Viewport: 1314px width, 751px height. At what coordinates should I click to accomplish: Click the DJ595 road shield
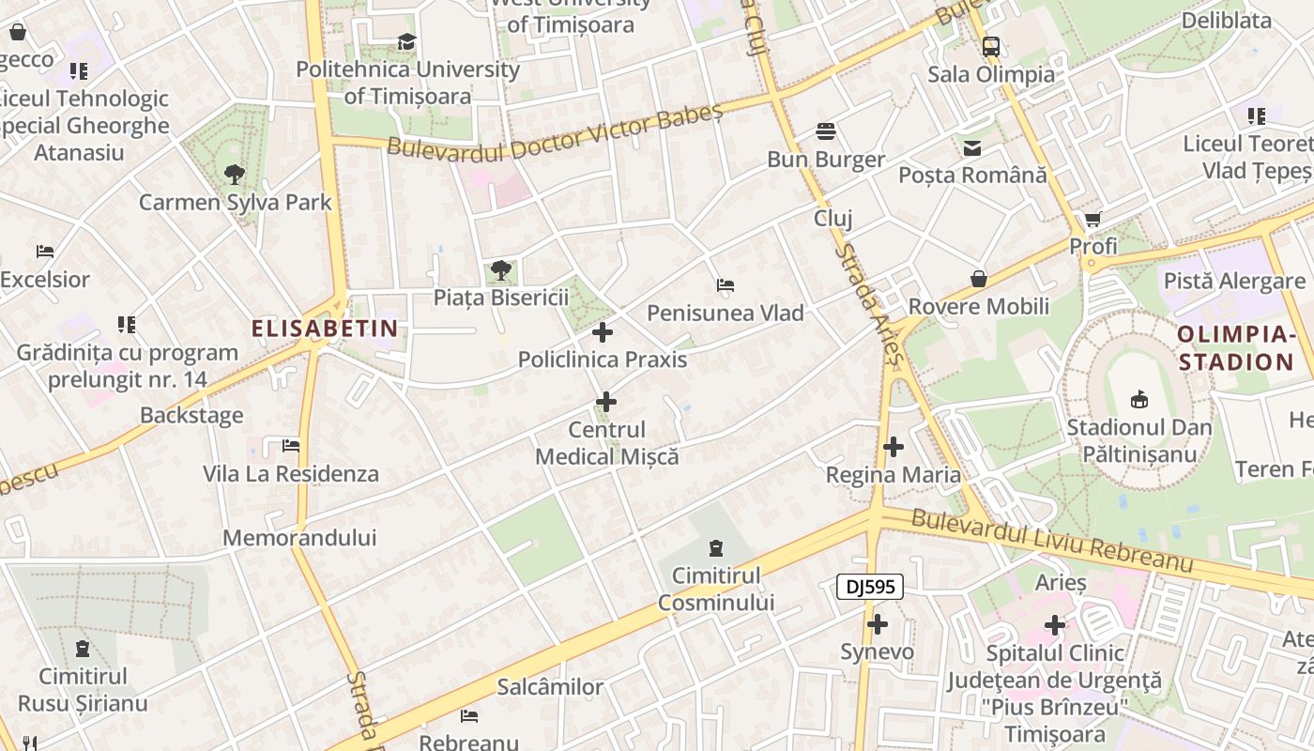coord(869,588)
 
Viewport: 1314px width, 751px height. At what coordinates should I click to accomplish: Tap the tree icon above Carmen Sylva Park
coord(234,174)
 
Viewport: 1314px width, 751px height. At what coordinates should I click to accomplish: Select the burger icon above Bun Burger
coord(826,130)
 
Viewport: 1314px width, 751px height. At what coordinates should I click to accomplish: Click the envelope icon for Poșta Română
coord(971,147)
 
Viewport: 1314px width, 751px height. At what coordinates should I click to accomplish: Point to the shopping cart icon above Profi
coord(1092,220)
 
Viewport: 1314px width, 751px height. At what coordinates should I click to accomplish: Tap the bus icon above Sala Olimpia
coord(990,46)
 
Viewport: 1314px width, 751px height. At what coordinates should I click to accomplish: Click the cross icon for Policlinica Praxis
coord(603,332)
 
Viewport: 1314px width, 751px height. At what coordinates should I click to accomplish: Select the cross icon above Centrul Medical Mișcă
coord(606,403)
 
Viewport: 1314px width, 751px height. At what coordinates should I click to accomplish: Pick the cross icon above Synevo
coord(877,624)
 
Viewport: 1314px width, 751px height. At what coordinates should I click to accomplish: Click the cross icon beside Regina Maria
coord(893,447)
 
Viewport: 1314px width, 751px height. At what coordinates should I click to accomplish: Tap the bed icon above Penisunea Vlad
coord(725,285)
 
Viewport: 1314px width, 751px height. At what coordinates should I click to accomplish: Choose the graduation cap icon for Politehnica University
coord(406,42)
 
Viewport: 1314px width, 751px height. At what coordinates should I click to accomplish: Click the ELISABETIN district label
coord(325,329)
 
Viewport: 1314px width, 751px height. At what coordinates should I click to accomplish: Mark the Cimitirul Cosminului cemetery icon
coord(716,547)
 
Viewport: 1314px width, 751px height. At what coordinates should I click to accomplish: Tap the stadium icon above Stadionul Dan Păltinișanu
coord(1138,400)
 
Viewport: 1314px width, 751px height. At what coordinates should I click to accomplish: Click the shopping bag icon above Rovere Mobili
coord(978,279)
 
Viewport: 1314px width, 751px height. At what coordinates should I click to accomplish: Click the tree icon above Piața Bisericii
coord(501,270)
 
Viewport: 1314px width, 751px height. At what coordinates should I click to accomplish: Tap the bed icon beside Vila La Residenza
coord(291,446)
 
